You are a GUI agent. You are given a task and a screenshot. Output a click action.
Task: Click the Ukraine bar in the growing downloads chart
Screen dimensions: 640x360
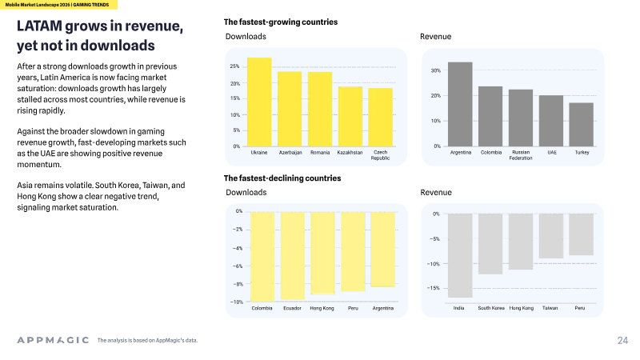(259, 102)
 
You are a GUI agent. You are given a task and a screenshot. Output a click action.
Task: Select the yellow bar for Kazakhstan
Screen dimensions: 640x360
(350, 116)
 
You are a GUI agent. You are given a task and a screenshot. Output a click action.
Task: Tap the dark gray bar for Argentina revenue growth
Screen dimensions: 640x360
(460, 104)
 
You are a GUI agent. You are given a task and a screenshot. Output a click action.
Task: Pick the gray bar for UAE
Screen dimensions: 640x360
(551, 121)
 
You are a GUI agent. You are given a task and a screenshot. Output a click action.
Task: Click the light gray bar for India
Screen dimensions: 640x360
(460, 255)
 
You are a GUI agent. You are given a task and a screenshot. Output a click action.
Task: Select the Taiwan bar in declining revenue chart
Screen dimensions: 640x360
(551, 236)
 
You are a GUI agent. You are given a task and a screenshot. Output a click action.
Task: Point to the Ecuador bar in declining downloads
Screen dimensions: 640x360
(293, 256)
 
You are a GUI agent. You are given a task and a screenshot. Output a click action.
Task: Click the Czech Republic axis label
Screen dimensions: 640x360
(381, 155)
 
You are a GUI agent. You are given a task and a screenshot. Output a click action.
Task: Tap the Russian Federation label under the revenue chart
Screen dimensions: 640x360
(521, 155)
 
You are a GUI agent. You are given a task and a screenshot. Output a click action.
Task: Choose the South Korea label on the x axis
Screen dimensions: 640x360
(491, 308)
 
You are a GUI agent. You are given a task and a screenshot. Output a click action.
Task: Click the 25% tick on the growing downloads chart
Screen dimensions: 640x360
(234, 66)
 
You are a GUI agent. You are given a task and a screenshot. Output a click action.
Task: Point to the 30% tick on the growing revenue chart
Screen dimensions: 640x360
(436, 70)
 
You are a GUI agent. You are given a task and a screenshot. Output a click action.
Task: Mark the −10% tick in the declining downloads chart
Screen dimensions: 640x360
(237, 302)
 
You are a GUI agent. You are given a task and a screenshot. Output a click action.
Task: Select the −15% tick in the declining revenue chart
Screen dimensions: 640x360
(434, 288)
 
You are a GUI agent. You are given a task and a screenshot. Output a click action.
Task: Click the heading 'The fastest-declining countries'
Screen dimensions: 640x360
(282, 178)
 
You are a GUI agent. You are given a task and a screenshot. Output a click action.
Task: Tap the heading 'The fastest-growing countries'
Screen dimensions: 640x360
(281, 22)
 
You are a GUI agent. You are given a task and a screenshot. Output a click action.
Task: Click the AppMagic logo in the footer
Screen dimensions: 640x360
(53, 340)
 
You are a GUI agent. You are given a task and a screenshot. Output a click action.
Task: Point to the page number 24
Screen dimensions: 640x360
(623, 341)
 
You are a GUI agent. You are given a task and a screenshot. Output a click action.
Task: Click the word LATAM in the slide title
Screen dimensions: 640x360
(39, 26)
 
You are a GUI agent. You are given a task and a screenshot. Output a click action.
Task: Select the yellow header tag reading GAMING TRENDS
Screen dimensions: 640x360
(91, 5)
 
